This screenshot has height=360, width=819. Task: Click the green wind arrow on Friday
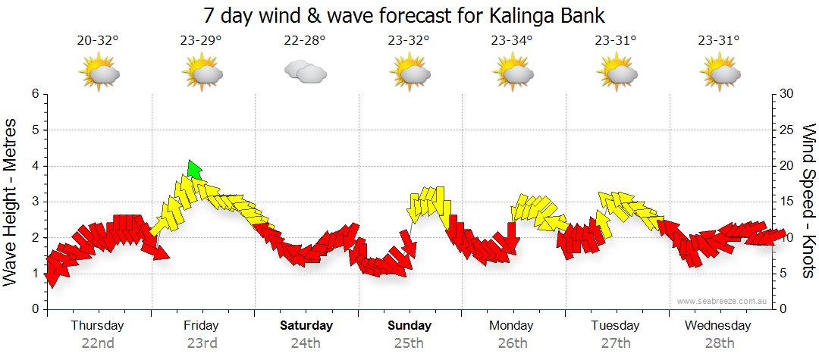[194, 170]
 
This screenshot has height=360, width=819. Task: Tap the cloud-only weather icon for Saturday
[305, 72]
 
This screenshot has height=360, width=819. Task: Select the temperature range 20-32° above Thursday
[98, 40]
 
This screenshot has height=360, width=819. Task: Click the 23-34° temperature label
[512, 40]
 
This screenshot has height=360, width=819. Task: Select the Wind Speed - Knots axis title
[808, 201]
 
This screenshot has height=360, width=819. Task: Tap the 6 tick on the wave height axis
[34, 94]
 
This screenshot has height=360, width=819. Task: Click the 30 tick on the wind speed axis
[786, 94]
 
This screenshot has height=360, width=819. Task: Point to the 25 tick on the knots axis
[786, 130]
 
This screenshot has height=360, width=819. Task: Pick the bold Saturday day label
[306, 326]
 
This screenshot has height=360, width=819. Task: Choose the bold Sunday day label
[409, 326]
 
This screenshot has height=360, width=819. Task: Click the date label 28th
[718, 343]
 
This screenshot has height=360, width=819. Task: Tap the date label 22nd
[98, 343]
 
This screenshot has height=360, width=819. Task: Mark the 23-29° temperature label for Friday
[201, 40]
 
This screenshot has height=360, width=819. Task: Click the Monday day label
[512, 326]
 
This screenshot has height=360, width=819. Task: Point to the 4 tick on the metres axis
[34, 166]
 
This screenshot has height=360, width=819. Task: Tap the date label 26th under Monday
[513, 343]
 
